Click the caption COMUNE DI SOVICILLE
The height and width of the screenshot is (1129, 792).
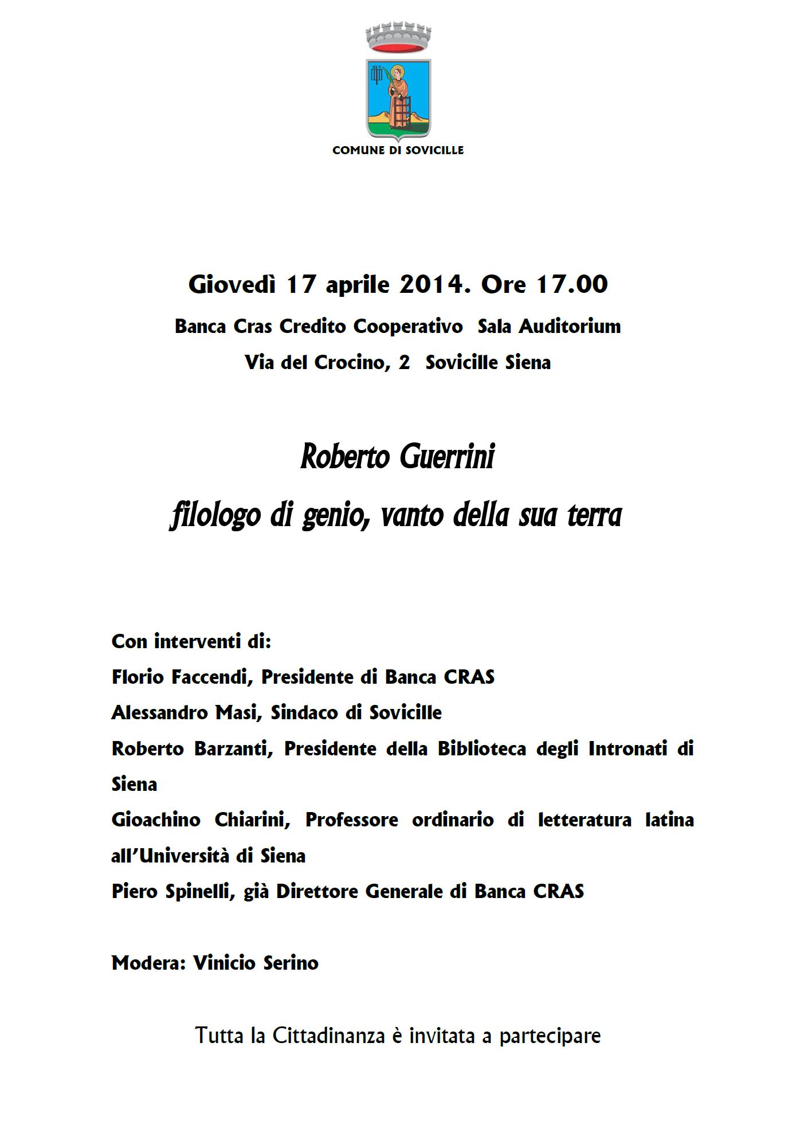(398, 151)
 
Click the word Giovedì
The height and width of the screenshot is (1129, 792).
(232, 285)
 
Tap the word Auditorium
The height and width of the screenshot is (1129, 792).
(570, 327)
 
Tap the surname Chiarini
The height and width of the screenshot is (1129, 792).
(252, 820)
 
